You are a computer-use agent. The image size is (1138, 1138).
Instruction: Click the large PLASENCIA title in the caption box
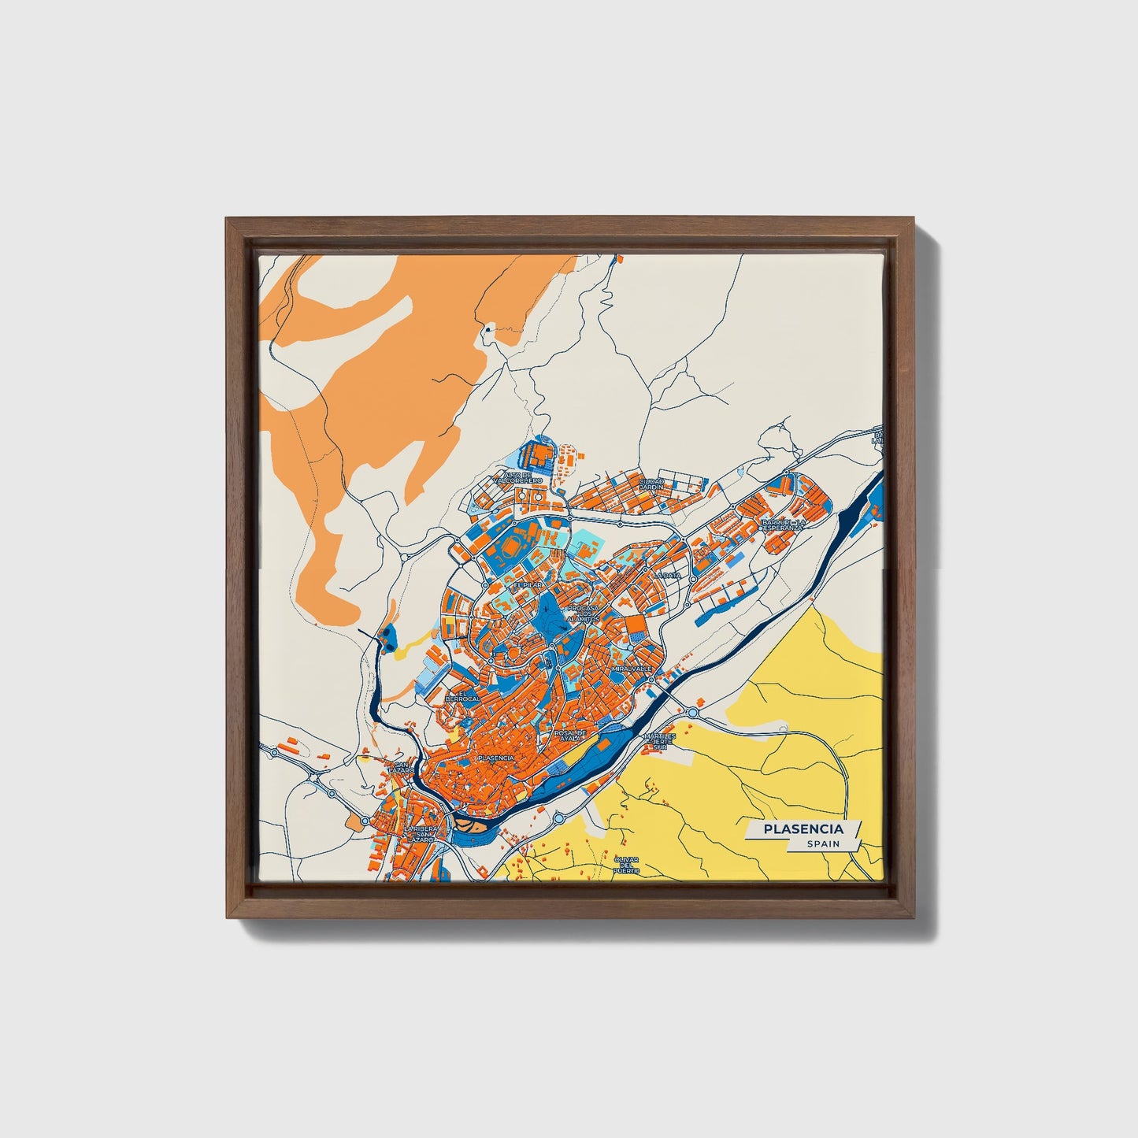click(x=803, y=828)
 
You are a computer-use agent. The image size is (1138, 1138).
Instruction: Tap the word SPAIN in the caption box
click(x=822, y=843)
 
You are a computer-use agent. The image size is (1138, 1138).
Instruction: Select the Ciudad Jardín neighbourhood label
click(x=651, y=484)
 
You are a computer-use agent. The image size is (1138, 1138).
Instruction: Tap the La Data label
click(x=666, y=575)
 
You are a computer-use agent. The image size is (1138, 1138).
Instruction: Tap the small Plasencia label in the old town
click(x=495, y=757)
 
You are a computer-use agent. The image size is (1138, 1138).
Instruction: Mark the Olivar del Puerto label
click(x=628, y=865)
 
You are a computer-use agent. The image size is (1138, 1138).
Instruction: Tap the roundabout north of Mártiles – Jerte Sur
click(x=692, y=713)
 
